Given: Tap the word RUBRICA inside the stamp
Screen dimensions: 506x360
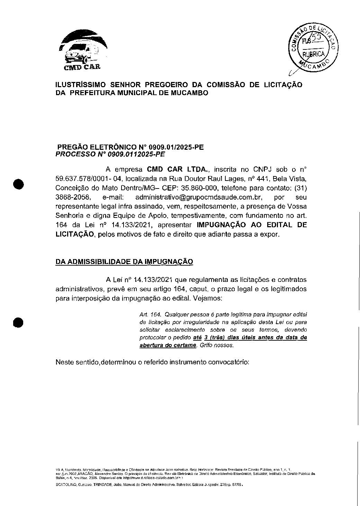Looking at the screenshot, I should coord(313,54).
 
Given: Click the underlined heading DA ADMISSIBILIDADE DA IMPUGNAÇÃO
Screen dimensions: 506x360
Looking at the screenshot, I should coord(124,262).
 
